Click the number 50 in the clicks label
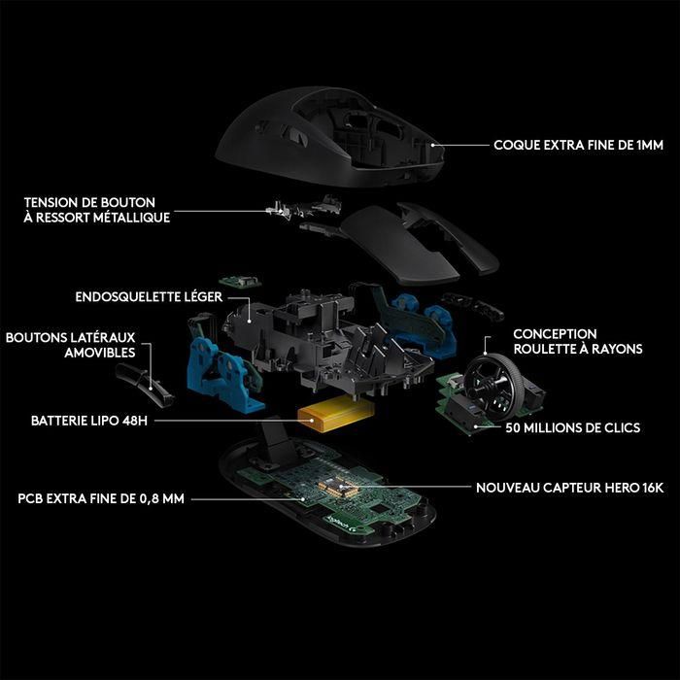pos(513,427)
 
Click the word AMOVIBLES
pos(100,354)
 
